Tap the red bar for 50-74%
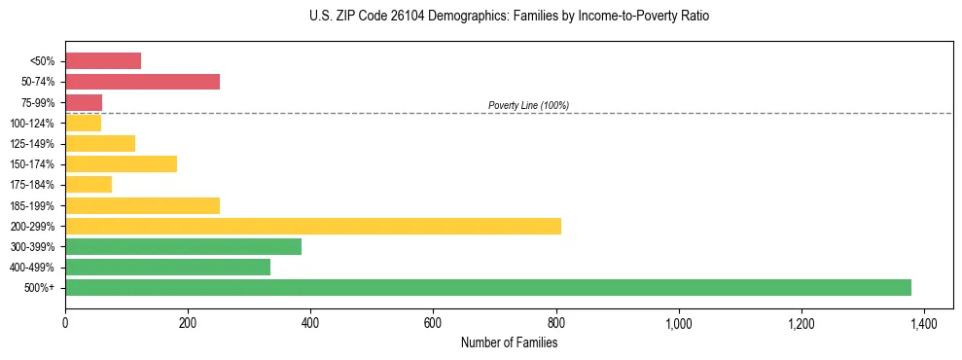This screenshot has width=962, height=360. pos(142,82)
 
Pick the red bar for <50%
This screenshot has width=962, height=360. pos(103,61)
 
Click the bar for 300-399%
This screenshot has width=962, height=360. pos(183,246)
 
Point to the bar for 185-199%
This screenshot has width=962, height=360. pos(142,205)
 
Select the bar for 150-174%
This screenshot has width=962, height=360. pos(121,163)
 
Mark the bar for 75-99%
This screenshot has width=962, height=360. pos(84,102)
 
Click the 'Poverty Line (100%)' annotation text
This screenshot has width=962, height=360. pos(528,105)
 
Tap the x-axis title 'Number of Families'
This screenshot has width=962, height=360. pos(509,342)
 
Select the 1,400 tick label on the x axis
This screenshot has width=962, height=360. pos(924,322)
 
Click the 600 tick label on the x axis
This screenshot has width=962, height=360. pos(433,322)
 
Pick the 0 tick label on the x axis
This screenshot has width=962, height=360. pos(65,322)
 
